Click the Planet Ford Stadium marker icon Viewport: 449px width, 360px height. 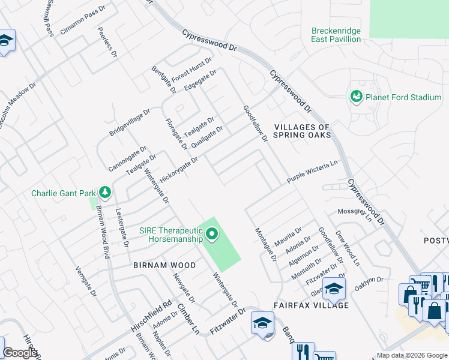click(356, 97)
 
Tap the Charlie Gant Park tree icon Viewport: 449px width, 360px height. click(105, 193)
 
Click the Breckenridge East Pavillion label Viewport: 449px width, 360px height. click(336, 35)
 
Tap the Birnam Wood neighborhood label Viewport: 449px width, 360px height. click(164, 265)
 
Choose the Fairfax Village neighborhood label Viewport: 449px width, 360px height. click(312, 305)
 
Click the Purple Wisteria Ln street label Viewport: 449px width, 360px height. click(312, 172)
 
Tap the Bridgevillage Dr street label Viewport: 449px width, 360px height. click(129, 122)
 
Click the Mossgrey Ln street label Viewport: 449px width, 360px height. click(355, 214)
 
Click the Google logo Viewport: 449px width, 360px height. click(20, 352)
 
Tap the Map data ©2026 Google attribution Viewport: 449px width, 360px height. click(412, 355)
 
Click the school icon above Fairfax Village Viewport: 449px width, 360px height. click(334, 289)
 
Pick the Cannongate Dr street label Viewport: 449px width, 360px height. click(127, 158)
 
